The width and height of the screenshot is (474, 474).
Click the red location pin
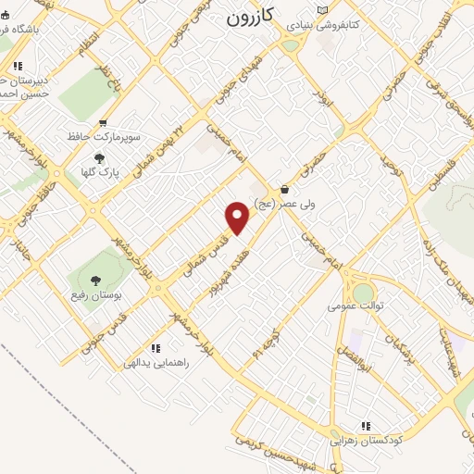[238, 218]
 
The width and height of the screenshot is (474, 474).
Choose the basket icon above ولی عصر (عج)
[283, 189]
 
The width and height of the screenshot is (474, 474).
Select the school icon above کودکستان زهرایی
[367, 427]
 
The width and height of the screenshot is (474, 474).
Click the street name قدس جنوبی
[103, 336]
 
